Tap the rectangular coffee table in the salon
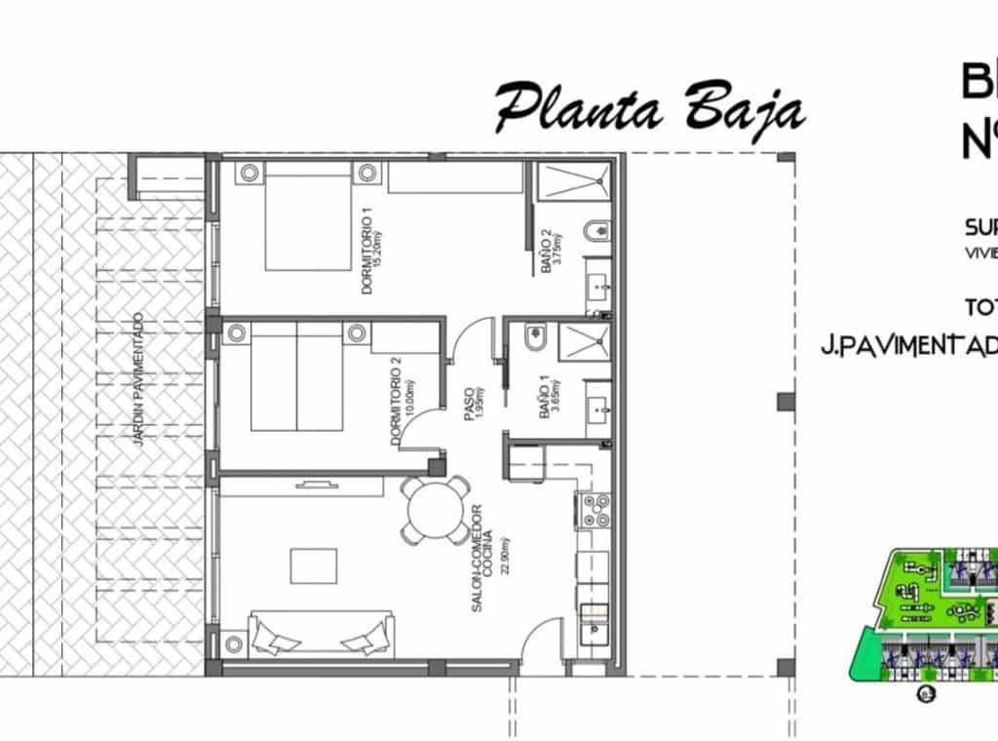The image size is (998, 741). pyautogui.click(x=314, y=565)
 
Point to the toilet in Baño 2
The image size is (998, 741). pyautogui.click(x=596, y=232)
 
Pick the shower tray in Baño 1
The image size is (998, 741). pyautogui.click(x=585, y=341)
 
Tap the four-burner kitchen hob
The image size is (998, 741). pyautogui.click(x=595, y=510)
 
